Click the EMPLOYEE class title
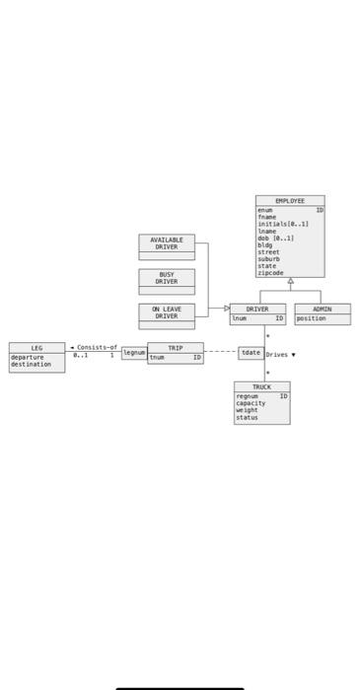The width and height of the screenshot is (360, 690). tap(290, 200)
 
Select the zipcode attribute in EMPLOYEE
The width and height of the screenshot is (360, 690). tap(270, 273)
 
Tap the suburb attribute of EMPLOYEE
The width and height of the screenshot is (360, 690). tap(268, 259)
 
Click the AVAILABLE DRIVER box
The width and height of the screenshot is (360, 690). tap(167, 243)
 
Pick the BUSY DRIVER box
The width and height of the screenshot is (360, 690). tap(167, 278)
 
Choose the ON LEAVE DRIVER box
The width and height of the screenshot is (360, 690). tap(167, 312)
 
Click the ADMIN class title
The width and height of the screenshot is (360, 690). tap(322, 309)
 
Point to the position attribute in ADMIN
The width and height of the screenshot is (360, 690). tap(312, 318)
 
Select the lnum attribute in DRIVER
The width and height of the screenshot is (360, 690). tap(240, 318)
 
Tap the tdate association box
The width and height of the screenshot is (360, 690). tap(251, 353)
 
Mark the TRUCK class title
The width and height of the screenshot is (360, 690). tap(261, 387)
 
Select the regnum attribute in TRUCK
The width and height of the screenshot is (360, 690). tap(248, 396)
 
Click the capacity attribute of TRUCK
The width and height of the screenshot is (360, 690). tap(251, 403)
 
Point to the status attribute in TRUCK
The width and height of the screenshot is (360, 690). tap(247, 417)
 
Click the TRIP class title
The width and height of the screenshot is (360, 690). tap(175, 348)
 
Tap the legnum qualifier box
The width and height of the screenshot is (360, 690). tap(133, 353)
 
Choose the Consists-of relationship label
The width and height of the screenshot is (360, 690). tap(97, 347)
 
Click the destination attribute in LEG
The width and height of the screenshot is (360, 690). tap(31, 365)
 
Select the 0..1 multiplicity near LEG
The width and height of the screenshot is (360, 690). tap(80, 355)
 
